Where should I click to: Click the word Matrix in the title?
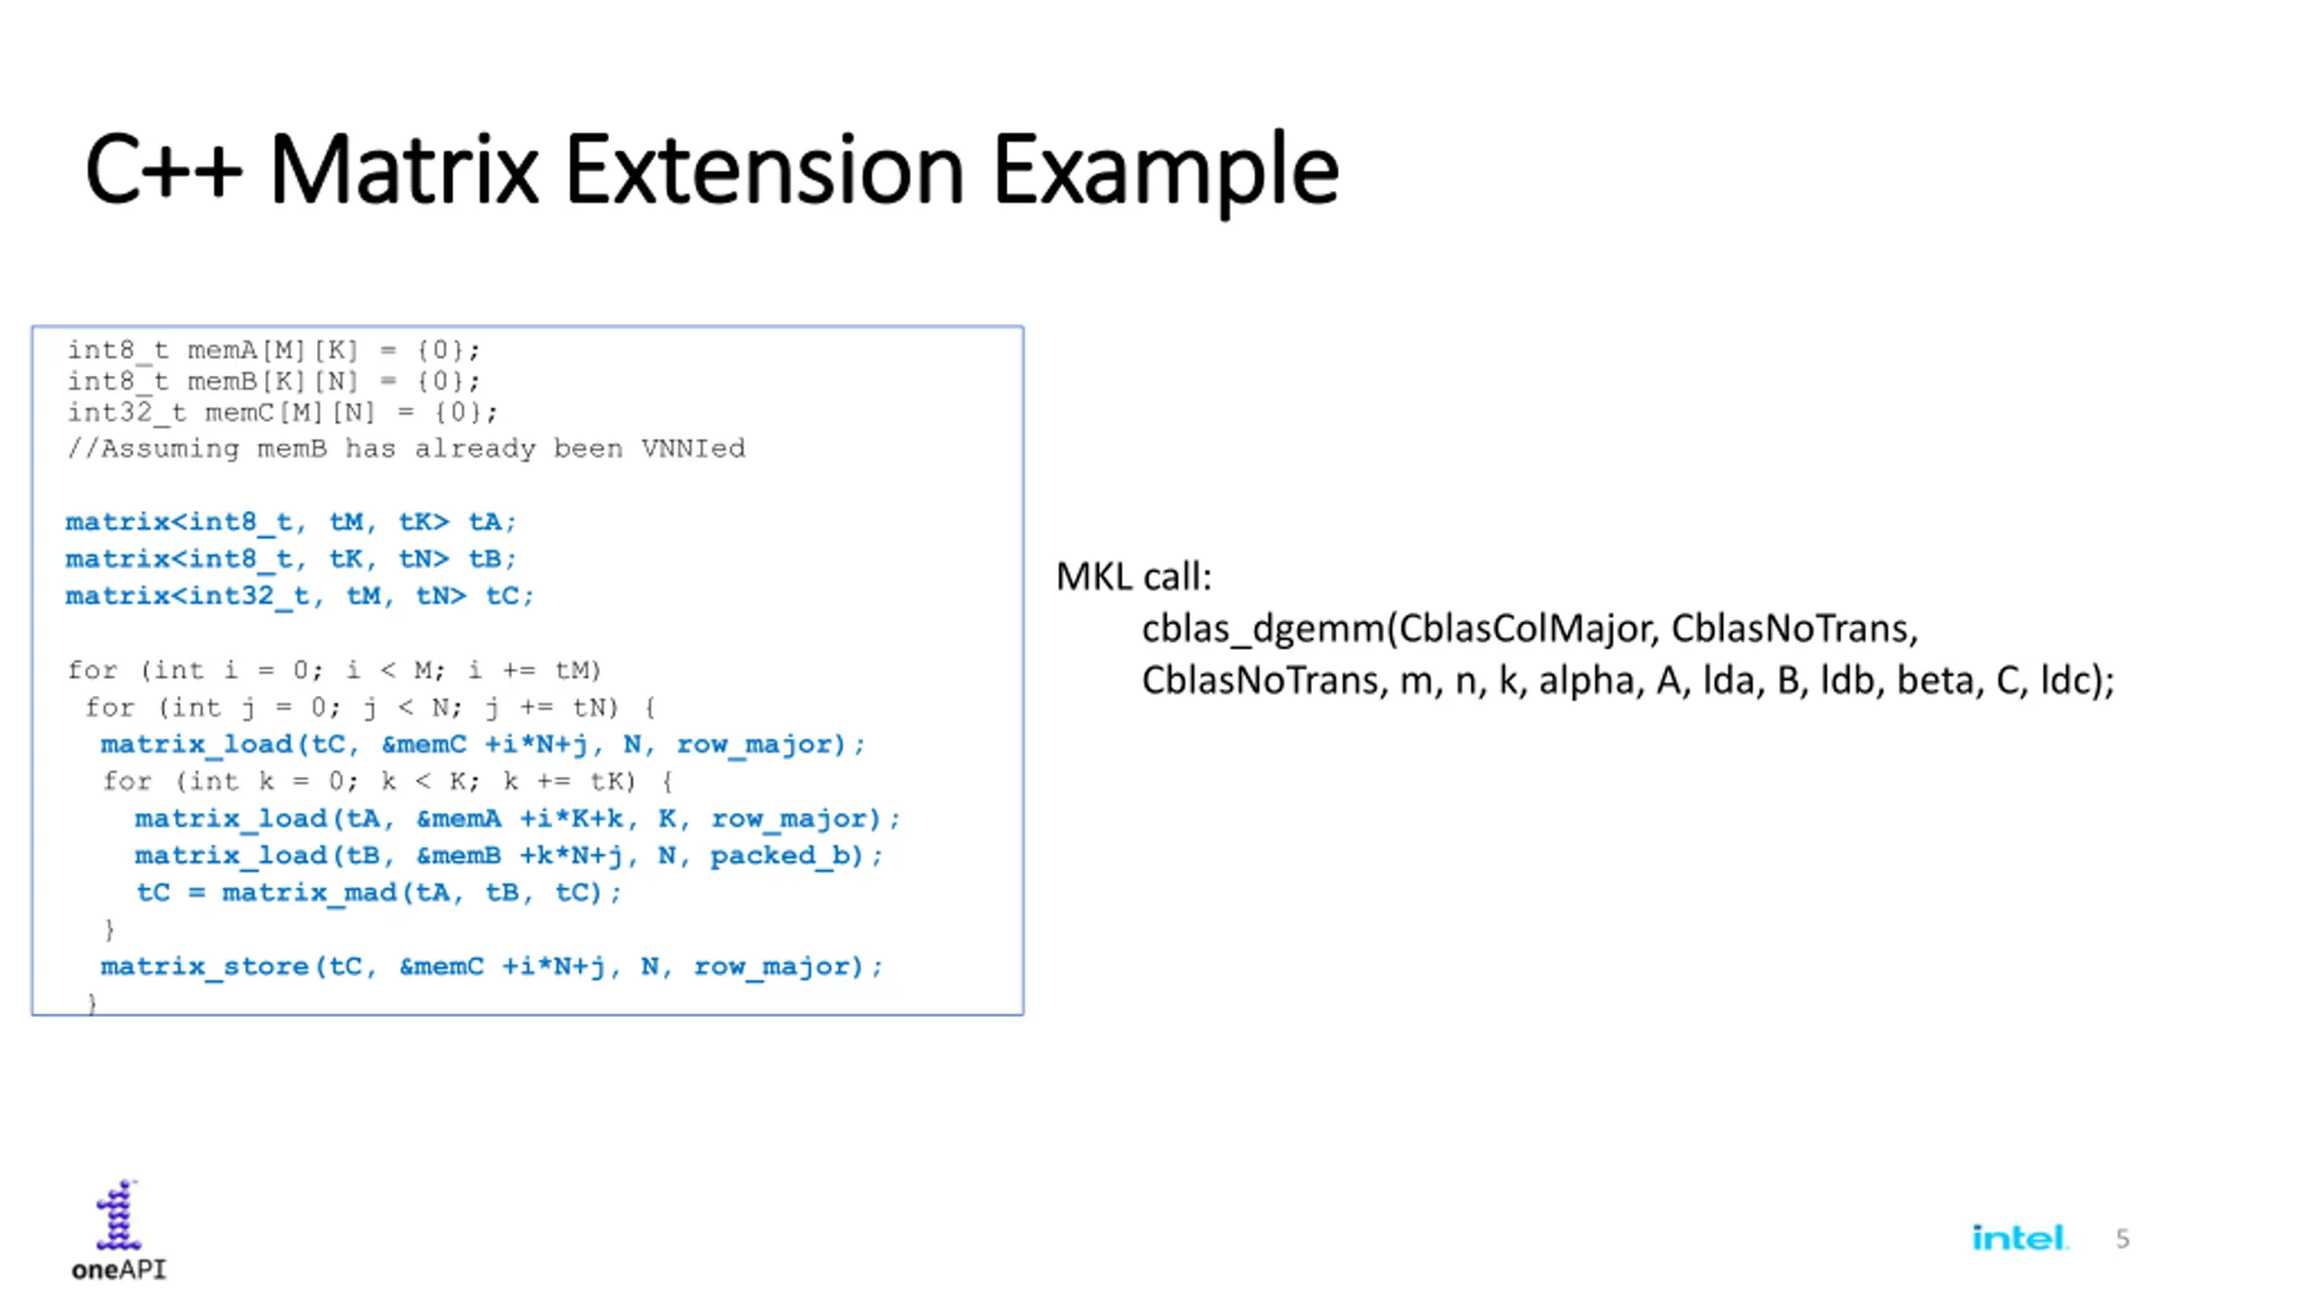pos(403,169)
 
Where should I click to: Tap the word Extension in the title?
pos(764,169)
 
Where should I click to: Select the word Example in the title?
pos(1165,171)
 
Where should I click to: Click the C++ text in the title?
pos(163,169)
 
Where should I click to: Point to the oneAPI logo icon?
pos(118,1216)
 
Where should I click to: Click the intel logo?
pos(2019,1238)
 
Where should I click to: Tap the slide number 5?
pos(2122,1239)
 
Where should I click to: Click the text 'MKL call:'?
pos(1133,577)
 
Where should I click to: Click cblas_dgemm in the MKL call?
pos(1262,628)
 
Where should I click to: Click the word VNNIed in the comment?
pos(693,448)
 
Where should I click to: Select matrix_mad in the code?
pos(309,892)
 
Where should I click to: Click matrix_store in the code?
pos(205,966)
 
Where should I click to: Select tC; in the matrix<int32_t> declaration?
pos(509,596)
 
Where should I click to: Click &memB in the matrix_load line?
pos(458,855)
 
